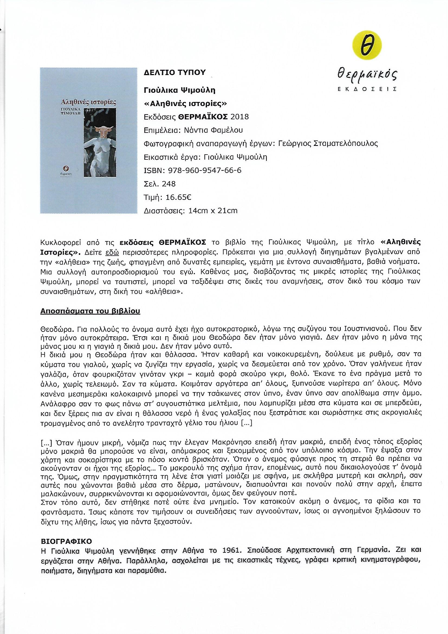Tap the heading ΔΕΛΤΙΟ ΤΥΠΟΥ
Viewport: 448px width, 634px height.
tap(175, 73)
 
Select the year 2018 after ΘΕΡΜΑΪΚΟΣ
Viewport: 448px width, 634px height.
tap(239, 117)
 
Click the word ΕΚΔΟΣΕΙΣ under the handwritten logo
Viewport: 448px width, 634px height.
tap(367, 89)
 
